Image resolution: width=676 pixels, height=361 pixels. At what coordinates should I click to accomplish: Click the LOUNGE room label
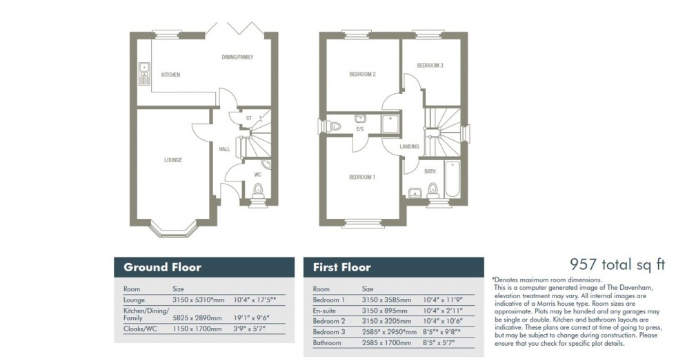click(x=172, y=160)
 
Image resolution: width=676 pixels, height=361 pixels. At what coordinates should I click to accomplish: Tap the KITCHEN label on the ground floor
click(x=170, y=75)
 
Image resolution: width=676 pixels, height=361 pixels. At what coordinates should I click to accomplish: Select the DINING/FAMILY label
click(x=237, y=57)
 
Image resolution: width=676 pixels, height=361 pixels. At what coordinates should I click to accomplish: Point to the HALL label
click(x=224, y=149)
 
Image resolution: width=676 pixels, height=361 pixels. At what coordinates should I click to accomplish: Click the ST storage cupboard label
click(x=248, y=119)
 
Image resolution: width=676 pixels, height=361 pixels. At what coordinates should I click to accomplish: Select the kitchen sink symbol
click(x=144, y=72)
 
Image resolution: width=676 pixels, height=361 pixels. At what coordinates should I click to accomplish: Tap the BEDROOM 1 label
click(x=362, y=177)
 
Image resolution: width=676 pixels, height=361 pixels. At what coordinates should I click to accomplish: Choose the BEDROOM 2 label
click(x=362, y=75)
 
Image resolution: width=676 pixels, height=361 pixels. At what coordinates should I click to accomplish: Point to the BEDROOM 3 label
click(x=430, y=66)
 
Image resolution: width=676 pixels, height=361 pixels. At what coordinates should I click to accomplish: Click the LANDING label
click(x=409, y=146)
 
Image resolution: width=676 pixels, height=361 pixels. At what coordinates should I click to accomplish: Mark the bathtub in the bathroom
click(x=453, y=179)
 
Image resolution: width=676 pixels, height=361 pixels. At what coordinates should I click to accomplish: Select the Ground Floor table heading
click(x=162, y=267)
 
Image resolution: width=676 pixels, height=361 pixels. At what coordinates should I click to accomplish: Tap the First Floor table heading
click(x=342, y=267)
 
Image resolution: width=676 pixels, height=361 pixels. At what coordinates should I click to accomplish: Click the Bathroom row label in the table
click(x=328, y=342)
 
